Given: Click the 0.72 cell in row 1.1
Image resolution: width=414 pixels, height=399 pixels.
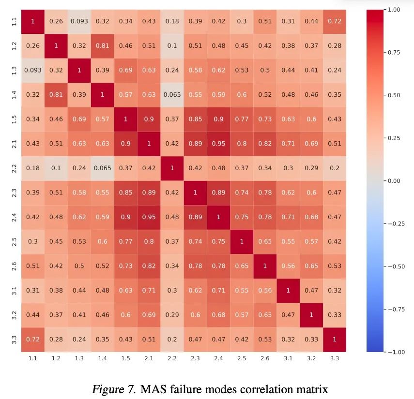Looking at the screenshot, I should tap(335, 21).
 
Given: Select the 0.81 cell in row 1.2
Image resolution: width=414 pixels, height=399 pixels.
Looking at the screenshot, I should tap(102, 46).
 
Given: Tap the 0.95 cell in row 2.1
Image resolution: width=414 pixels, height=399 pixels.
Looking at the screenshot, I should tap(218, 144).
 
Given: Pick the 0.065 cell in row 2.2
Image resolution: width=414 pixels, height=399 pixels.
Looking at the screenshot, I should tap(102, 168).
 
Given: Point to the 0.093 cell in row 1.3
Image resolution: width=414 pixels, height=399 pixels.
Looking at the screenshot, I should tap(32, 70).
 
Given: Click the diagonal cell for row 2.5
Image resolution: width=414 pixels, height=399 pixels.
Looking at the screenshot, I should tap(242, 241).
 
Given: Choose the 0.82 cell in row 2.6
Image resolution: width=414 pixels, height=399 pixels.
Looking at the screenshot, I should tap(149, 266).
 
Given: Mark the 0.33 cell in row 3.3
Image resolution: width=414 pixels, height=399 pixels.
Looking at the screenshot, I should tap(311, 339).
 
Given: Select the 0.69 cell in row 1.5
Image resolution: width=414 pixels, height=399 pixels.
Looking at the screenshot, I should tap(79, 119).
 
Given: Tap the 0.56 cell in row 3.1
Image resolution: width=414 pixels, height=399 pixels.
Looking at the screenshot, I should tap(265, 290).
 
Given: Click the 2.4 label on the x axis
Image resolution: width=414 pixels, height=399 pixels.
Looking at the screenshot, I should tap(218, 359).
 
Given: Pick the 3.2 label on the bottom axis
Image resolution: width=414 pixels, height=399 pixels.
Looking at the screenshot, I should tap(311, 359).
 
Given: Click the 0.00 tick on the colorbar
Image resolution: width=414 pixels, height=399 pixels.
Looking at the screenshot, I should tap(394, 181).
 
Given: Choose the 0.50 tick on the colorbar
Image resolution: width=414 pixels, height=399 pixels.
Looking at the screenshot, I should tap(394, 95).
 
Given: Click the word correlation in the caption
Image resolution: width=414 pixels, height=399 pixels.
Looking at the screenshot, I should tap(267, 389).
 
